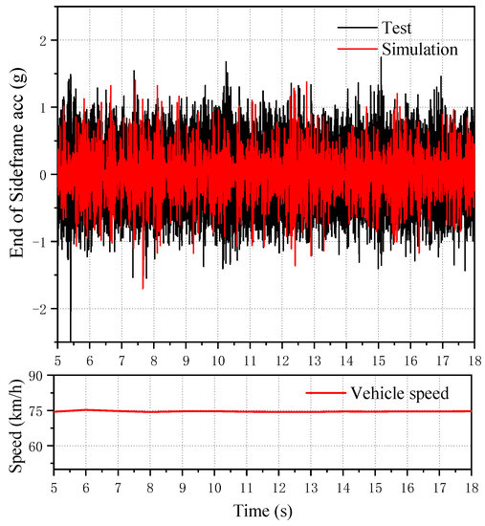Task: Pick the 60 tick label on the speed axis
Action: click(x=35, y=447)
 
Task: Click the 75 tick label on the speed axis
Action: click(x=35, y=411)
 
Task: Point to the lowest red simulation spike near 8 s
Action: click(x=143, y=286)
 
